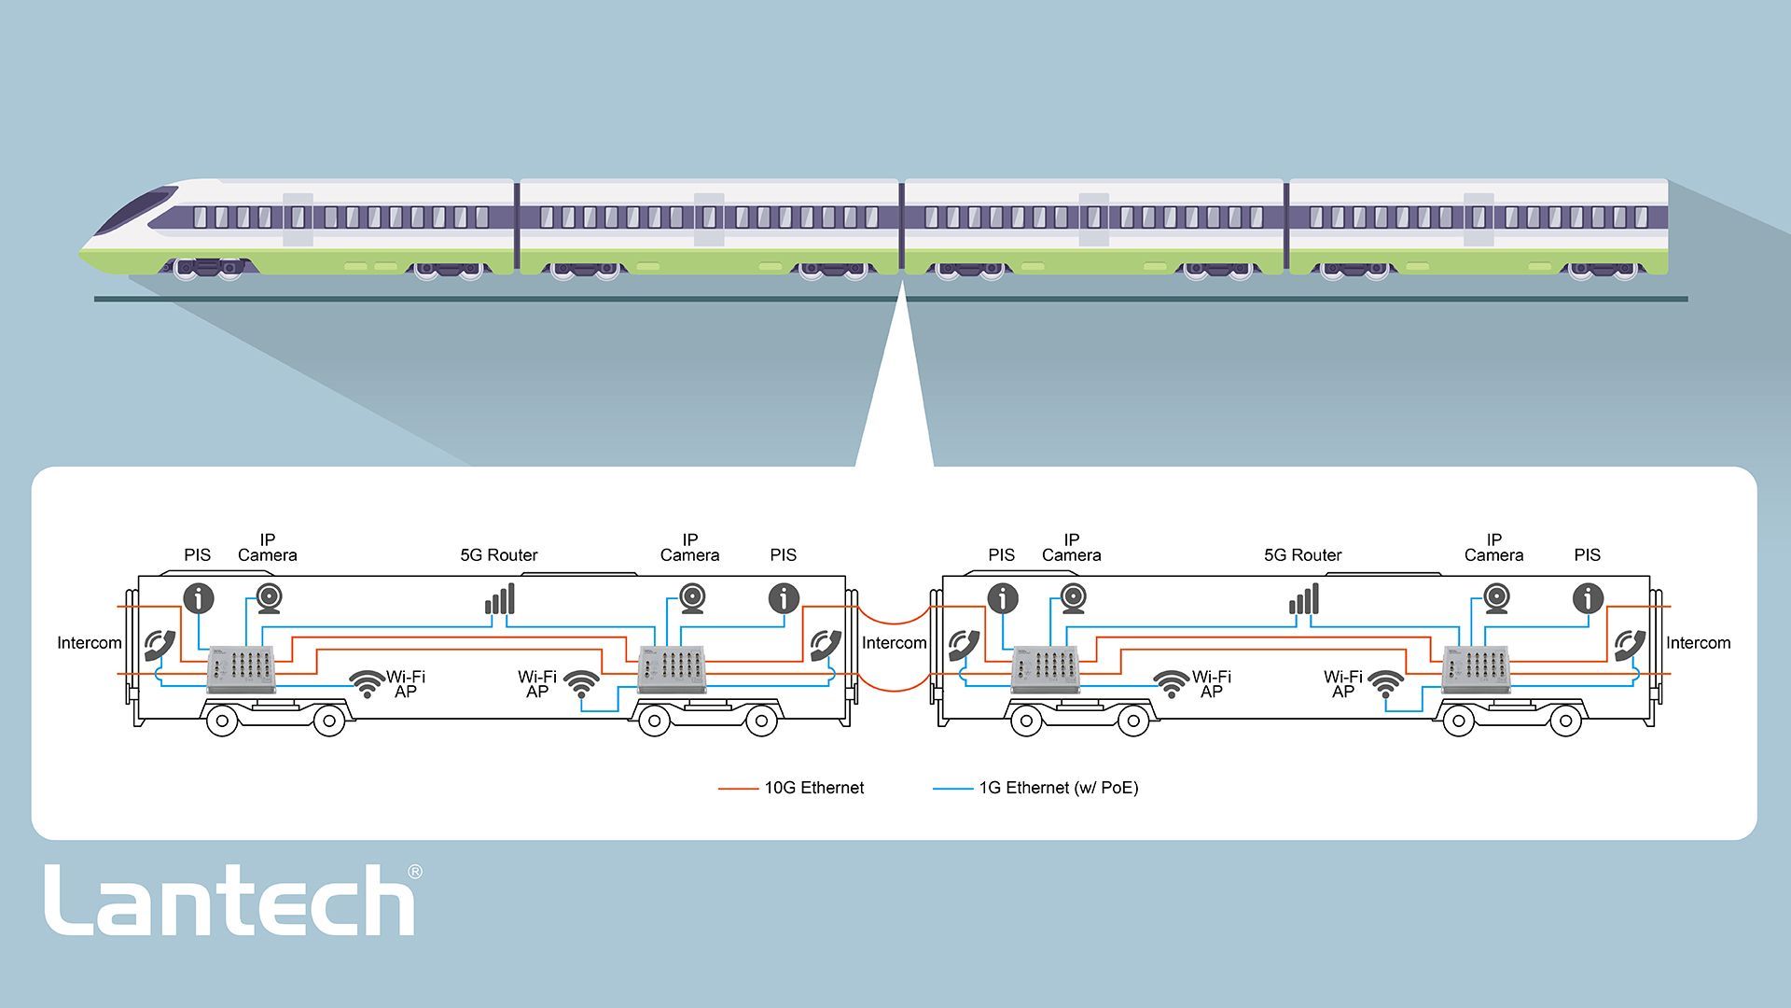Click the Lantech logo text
click(x=229, y=900)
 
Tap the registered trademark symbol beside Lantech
click(x=415, y=872)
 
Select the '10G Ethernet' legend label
click(x=813, y=788)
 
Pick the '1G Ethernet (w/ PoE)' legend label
click(x=1058, y=788)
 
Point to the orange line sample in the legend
click(x=738, y=789)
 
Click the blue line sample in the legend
click(x=952, y=789)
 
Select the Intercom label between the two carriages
click(x=894, y=643)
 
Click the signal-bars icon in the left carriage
click(x=500, y=599)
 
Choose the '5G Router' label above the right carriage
click(x=1302, y=555)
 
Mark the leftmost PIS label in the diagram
click(x=198, y=555)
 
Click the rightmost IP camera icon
click(x=1497, y=598)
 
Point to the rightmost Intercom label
click(x=1698, y=643)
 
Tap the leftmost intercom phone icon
click(x=160, y=644)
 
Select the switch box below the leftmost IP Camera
click(x=242, y=668)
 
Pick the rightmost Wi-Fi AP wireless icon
click(x=1385, y=683)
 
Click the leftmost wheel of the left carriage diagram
click(x=222, y=721)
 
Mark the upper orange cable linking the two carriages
click(x=894, y=616)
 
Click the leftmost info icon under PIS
click(x=199, y=597)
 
